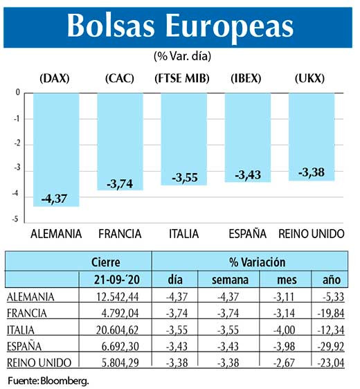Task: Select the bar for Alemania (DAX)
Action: coord(56,150)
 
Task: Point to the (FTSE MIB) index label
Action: coord(183,78)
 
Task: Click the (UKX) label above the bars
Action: coord(309,78)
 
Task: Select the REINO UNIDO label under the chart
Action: coord(312,234)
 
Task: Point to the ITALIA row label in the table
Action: coord(25,329)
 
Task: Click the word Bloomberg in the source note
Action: coord(67,380)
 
